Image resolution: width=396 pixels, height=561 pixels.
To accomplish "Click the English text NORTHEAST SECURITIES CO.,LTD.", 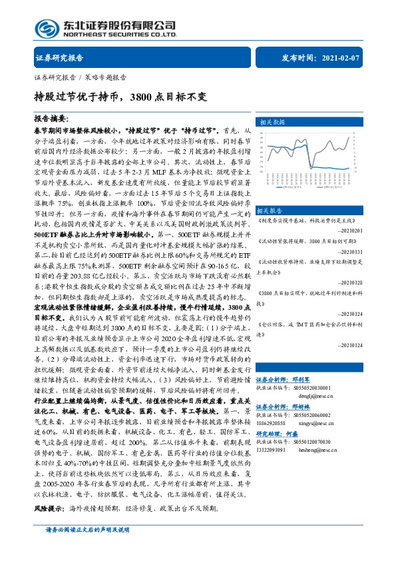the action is (x=119, y=33).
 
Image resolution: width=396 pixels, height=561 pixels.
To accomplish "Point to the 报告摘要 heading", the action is (x=54, y=118).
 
